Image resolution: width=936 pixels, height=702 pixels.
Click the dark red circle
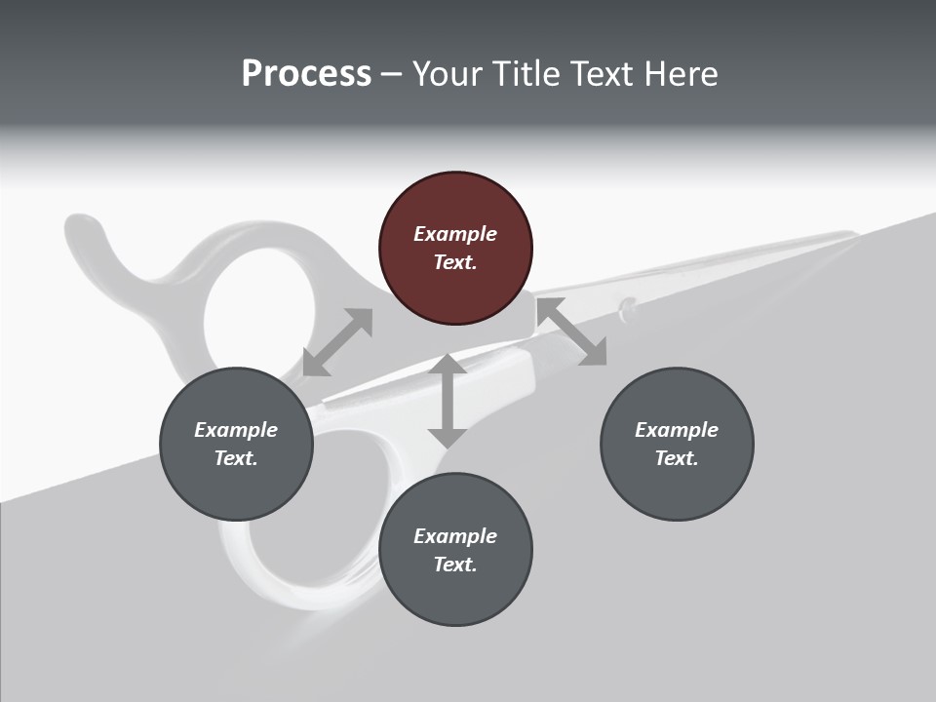(x=455, y=249)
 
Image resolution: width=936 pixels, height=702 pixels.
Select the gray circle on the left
(x=236, y=444)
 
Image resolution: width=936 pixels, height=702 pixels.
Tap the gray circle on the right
(x=677, y=444)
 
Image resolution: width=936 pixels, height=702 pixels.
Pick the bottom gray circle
(x=455, y=550)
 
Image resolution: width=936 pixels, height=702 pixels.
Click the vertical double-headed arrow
(x=448, y=401)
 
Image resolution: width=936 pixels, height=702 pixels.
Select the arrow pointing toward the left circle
(x=337, y=342)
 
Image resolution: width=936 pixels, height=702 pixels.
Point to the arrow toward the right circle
(x=571, y=331)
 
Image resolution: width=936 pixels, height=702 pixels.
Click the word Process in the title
(x=306, y=73)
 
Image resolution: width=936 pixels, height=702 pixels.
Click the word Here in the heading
(x=682, y=73)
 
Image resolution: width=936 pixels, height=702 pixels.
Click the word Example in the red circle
(x=455, y=234)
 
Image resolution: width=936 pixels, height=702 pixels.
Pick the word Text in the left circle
(x=236, y=458)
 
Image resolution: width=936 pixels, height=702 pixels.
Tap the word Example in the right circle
(x=677, y=430)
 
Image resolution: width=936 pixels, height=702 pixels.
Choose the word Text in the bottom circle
(x=455, y=565)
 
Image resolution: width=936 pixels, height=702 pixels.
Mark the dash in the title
(x=392, y=74)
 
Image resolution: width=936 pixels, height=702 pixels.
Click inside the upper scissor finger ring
(x=258, y=312)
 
